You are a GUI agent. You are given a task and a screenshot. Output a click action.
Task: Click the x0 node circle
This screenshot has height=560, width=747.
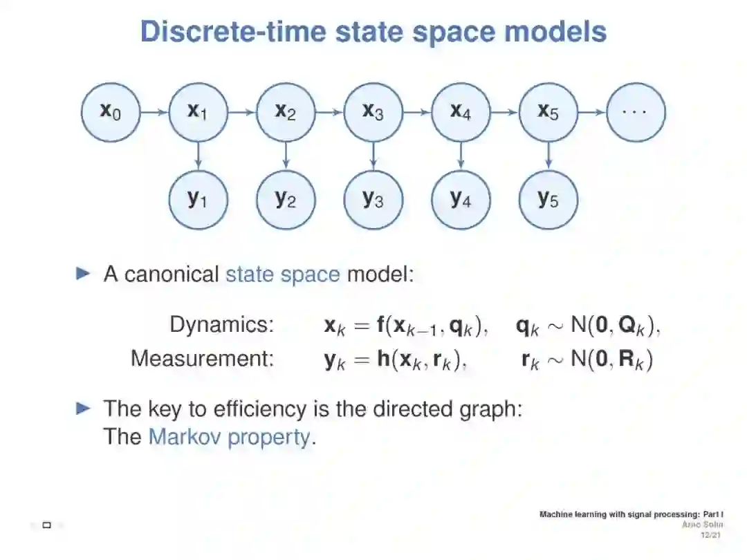point(111,111)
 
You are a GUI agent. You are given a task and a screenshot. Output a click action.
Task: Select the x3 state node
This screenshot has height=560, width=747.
point(373,111)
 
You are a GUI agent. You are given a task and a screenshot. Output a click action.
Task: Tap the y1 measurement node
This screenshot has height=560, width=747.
point(198,199)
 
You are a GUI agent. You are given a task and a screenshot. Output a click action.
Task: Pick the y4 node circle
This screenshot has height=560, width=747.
point(460,199)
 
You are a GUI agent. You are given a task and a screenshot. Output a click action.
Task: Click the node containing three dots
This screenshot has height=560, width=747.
point(636,111)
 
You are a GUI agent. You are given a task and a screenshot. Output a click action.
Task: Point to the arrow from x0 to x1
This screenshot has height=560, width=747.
point(154,111)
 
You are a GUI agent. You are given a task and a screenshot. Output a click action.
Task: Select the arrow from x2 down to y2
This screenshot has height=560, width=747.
point(286,156)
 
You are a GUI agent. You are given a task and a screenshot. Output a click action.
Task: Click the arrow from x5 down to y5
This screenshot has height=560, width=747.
point(548,156)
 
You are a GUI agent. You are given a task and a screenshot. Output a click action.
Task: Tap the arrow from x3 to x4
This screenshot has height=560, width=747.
point(416,111)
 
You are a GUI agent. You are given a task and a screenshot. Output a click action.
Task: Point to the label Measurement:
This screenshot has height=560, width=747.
point(202,359)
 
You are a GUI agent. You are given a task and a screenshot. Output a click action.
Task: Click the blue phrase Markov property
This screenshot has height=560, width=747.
point(229,437)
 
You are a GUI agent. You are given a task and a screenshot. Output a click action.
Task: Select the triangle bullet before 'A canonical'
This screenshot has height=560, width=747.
point(83,274)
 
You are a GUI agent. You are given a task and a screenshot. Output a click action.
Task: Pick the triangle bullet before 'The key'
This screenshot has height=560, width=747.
point(83,408)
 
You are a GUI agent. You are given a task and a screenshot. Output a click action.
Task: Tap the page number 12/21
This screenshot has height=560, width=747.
point(710,535)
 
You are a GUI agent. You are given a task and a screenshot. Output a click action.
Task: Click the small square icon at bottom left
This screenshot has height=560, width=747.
point(47,525)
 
